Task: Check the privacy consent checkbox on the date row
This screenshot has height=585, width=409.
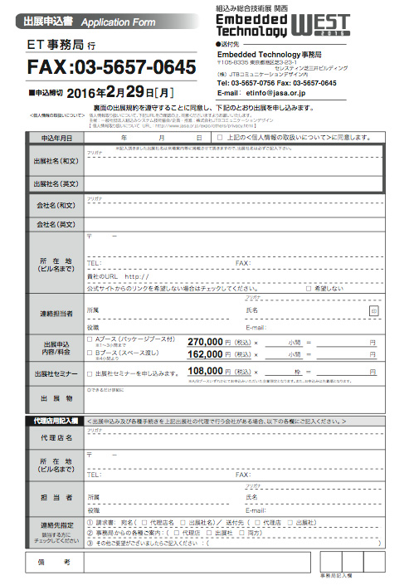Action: tap(219, 138)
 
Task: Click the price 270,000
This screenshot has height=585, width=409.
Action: tap(206, 342)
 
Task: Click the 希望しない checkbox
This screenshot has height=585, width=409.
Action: tap(309, 288)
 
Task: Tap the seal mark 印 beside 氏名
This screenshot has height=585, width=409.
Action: tap(374, 310)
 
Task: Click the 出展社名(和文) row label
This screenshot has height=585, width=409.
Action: tap(56, 160)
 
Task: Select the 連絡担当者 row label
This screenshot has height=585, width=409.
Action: tap(56, 314)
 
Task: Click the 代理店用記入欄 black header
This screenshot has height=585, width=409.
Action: tap(51, 422)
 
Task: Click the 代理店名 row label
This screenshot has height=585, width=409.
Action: tap(56, 437)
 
